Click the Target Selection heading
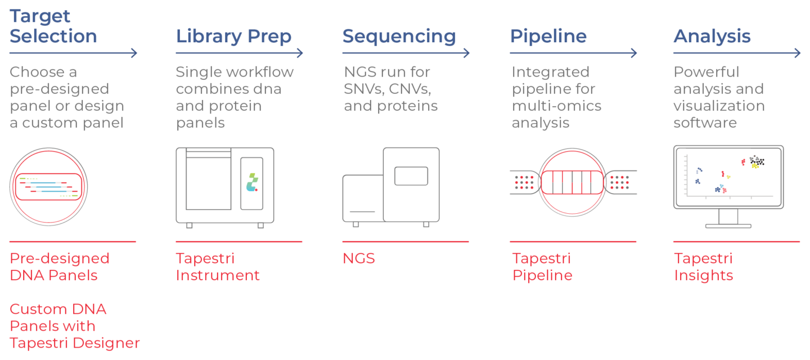click(53, 26)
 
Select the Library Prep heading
click(233, 37)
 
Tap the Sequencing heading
click(399, 37)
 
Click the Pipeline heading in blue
click(548, 37)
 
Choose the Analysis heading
click(712, 37)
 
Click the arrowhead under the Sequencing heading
click(466, 53)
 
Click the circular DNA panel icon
click(48, 187)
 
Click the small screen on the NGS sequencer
click(411, 175)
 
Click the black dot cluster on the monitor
click(757, 161)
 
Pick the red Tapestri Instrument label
click(218, 267)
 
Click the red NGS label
click(359, 259)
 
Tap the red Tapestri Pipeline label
click(542, 267)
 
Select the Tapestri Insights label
click(703, 267)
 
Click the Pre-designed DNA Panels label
click(60, 267)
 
